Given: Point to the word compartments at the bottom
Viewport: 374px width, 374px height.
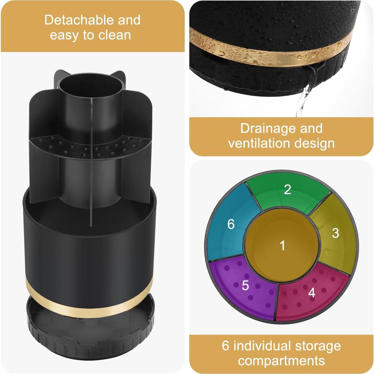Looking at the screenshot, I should pyautogui.click(x=281, y=361).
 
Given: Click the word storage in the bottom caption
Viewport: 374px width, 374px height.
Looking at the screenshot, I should pyautogui.click(x=318, y=346).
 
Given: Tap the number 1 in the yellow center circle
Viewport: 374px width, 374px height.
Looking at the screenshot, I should pyautogui.click(x=282, y=246).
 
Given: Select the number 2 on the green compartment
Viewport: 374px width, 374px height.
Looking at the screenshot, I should pyautogui.click(x=287, y=189).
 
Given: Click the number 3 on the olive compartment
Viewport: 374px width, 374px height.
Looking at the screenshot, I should pyautogui.click(x=335, y=233).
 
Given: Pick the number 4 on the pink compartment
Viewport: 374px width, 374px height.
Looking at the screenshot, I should pyautogui.click(x=312, y=292).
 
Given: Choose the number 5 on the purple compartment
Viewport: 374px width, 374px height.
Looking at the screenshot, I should pyautogui.click(x=245, y=285).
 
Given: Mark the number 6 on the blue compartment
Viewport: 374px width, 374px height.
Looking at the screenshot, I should pyautogui.click(x=231, y=224).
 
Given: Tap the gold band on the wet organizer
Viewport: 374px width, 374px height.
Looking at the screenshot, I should pyautogui.click(x=271, y=54).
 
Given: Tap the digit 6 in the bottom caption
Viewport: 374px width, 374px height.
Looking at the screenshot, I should pyautogui.click(x=225, y=346).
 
